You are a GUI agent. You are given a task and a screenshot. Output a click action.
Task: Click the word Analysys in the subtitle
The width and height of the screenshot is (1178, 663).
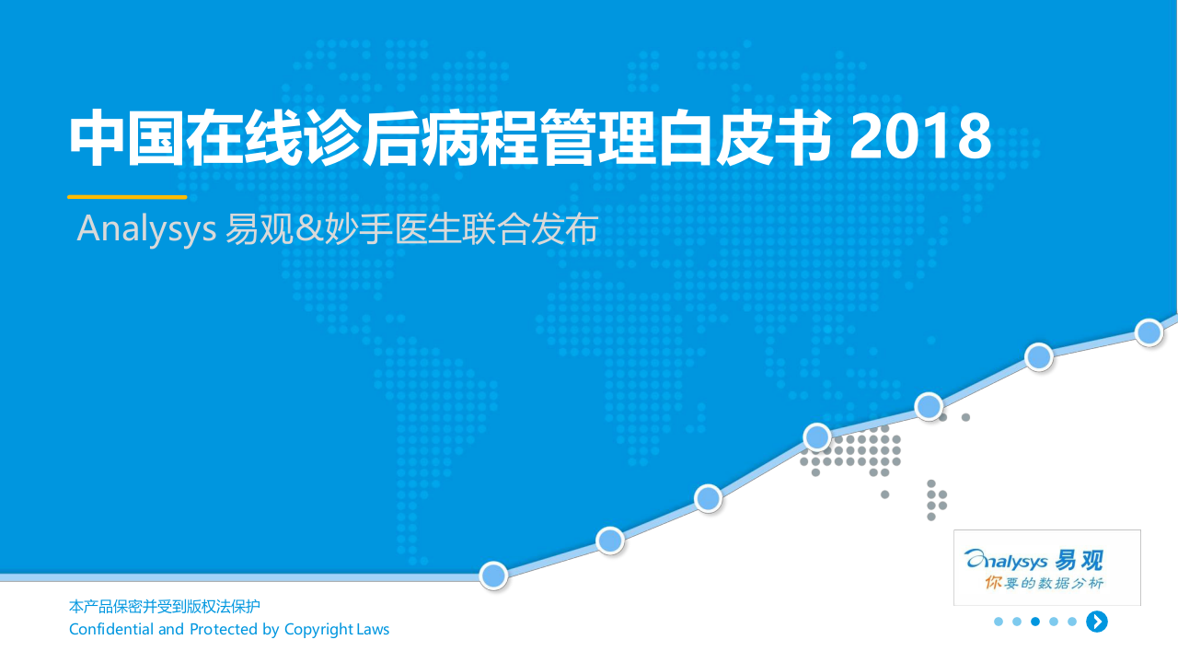pyautogui.click(x=146, y=228)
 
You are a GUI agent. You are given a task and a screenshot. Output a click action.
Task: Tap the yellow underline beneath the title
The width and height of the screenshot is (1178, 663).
pyautogui.click(x=127, y=196)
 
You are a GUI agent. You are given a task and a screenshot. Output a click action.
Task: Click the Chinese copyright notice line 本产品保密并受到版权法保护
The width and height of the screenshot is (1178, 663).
pyautogui.click(x=165, y=607)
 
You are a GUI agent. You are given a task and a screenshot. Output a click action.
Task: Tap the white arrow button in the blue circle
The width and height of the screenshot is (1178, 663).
pyautogui.click(x=1096, y=622)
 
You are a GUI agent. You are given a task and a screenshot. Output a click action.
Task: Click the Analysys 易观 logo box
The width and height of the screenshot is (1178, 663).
pyautogui.click(x=1046, y=567)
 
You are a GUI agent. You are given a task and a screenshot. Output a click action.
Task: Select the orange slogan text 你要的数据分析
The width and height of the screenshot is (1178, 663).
pyautogui.click(x=1044, y=583)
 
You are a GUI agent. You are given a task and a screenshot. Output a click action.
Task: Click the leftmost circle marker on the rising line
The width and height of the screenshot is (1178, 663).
pyautogui.click(x=494, y=576)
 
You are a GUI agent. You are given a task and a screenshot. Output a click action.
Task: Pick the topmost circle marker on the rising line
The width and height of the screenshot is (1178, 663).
pyautogui.click(x=1149, y=331)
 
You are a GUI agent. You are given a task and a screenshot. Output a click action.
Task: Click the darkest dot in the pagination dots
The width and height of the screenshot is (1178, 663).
pyautogui.click(x=1035, y=622)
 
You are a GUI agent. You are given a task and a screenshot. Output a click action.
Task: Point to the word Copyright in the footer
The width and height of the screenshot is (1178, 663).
pyautogui.click(x=318, y=630)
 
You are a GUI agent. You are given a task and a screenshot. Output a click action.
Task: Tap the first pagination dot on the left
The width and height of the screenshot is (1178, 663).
pyautogui.click(x=999, y=622)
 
